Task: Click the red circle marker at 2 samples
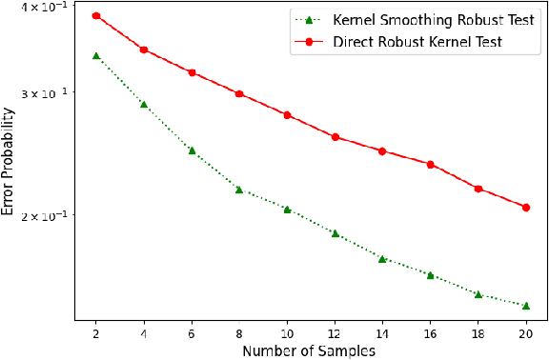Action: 96,16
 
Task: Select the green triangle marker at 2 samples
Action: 96,56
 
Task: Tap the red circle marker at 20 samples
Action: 525,207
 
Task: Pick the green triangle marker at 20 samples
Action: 525,306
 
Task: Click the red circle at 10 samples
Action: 287,115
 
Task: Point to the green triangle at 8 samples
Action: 239,190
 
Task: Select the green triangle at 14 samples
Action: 382,258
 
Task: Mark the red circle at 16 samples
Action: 430,165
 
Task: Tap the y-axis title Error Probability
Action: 9,161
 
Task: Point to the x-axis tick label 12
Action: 335,333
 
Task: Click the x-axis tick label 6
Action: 192,333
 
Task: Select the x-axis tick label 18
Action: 478,333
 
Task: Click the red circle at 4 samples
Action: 144,50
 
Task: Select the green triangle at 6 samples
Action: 192,150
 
